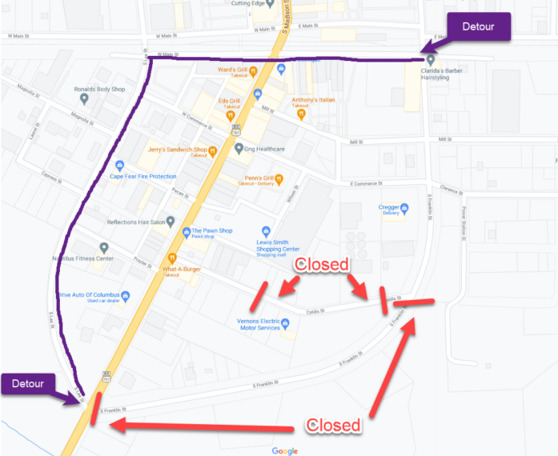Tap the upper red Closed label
tap(321, 265)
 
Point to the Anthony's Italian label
tap(313, 100)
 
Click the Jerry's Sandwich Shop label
tap(178, 150)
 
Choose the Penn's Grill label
tap(260, 178)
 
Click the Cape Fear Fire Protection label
tap(143, 176)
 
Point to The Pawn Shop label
tap(211, 231)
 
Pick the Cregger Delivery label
tap(389, 210)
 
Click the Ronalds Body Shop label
tap(101, 90)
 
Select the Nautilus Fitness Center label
tap(83, 258)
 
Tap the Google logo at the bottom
tap(284, 450)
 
